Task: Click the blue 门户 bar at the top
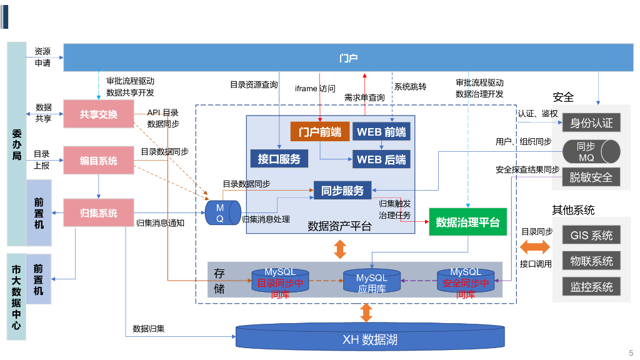pos(349,57)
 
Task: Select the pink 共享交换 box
pos(99,114)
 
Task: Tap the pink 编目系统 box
pos(99,161)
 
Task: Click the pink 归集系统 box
pos(99,213)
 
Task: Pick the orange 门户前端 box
pos(320,132)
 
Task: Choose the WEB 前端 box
pos(381,132)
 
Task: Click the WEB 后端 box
pos(381,159)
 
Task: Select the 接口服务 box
pos(279,159)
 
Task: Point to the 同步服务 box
pos(342,191)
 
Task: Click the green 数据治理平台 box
pos(467,222)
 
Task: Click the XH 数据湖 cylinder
pos(370,339)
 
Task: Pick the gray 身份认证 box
pos(591,122)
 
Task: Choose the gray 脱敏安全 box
pos(591,177)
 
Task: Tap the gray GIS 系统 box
pos(591,236)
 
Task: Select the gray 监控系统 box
pos(591,287)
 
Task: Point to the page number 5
pos(631,352)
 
